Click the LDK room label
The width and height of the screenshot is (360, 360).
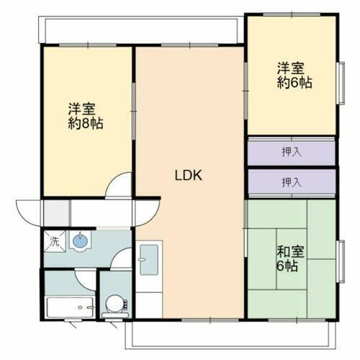190,174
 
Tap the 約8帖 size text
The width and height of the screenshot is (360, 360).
86,124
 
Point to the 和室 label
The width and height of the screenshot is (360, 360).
289,253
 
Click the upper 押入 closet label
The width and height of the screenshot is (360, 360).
291,153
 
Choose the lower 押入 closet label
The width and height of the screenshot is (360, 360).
291,182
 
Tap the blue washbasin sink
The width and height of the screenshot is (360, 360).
81,240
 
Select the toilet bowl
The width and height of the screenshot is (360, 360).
114,305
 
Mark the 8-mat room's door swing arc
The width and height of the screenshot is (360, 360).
117,185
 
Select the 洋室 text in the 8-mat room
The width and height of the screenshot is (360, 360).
82,109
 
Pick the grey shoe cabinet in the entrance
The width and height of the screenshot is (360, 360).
56,212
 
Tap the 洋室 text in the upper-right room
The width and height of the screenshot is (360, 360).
292,69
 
